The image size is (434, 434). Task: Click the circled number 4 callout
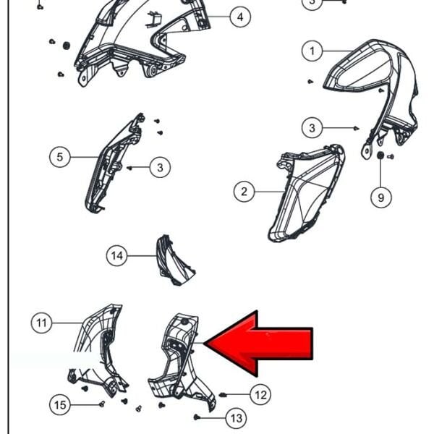pyautogui.click(x=240, y=17)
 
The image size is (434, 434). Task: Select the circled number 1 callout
pyautogui.click(x=312, y=51)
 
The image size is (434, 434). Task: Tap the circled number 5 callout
pyautogui.click(x=60, y=157)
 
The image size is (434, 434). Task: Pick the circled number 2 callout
pyautogui.click(x=244, y=192)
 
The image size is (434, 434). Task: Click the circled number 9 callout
pyautogui.click(x=381, y=197)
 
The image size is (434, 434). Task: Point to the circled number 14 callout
pyautogui.click(x=116, y=255)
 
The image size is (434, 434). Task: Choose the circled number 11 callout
pyautogui.click(x=41, y=323)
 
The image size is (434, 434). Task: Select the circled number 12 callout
pyautogui.click(x=260, y=395)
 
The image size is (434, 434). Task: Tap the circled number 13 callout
pyautogui.click(x=237, y=418)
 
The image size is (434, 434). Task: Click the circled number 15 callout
pyautogui.click(x=60, y=405)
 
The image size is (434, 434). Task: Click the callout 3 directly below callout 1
pyautogui.click(x=312, y=128)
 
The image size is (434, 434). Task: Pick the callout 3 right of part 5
pyautogui.click(x=160, y=168)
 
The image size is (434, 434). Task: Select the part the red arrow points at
pyautogui.click(x=180, y=359)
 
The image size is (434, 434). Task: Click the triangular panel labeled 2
pyautogui.click(x=305, y=194)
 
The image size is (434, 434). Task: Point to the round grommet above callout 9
pyautogui.click(x=380, y=156)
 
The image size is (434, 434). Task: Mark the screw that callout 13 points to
pyautogui.click(x=197, y=417)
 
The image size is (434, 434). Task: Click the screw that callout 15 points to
pyautogui.click(x=102, y=404)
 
